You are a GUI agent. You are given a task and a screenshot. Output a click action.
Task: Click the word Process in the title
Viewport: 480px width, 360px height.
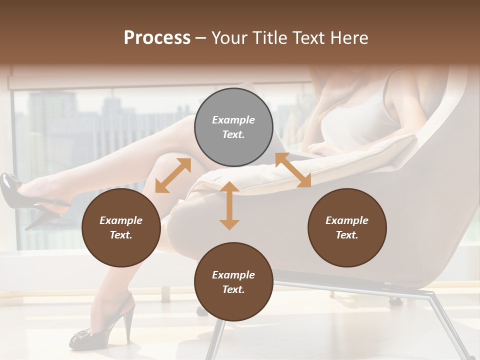[x=157, y=38]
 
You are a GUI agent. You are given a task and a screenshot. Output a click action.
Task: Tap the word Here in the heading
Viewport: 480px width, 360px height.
[x=350, y=38]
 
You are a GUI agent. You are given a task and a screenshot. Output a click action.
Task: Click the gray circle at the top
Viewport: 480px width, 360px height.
[x=233, y=127]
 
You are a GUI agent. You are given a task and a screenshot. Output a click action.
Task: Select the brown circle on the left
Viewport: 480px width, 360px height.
[x=121, y=227]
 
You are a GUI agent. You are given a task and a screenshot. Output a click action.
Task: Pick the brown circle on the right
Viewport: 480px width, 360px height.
[x=347, y=227]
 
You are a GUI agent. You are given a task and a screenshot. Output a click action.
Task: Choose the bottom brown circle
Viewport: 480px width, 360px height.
[x=233, y=282]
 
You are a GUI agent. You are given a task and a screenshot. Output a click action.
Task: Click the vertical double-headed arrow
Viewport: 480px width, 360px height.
[x=229, y=205]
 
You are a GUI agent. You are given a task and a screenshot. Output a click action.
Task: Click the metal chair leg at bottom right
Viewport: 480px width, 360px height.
[x=447, y=325]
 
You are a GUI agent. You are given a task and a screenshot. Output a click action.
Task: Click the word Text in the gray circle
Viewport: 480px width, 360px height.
[x=233, y=134]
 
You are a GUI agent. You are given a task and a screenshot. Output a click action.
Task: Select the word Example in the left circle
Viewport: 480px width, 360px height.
[x=121, y=220]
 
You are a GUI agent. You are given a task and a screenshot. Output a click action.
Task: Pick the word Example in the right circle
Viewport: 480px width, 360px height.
[x=347, y=220]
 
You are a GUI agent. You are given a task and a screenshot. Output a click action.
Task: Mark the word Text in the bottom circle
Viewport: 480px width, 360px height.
[x=233, y=289]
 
